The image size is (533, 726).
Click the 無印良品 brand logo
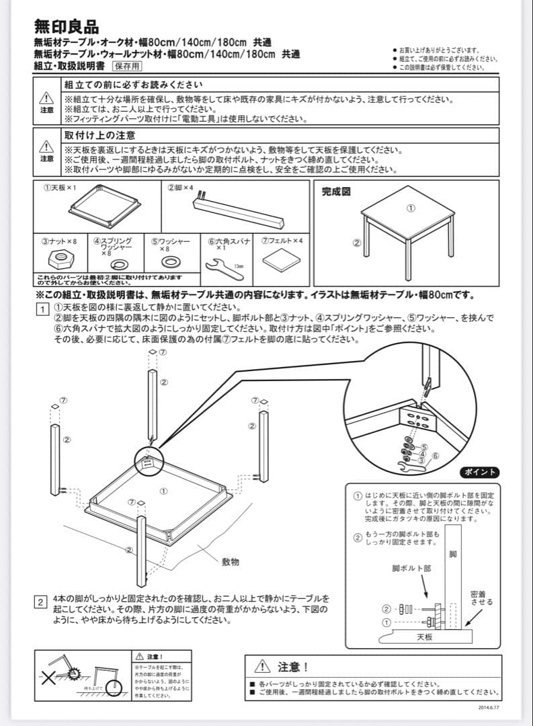[x=67, y=26]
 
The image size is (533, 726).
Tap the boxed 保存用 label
[x=127, y=66]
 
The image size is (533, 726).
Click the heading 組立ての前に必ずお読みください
[x=132, y=85]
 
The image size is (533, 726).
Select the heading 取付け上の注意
[x=100, y=135]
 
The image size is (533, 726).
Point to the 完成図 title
[x=336, y=192]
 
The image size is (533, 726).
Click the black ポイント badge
[x=479, y=471]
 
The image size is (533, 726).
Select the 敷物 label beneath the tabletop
[x=231, y=561]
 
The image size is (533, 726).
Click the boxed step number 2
[x=41, y=602]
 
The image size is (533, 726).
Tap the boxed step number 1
[x=41, y=309]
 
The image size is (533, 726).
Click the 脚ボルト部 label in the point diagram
[x=412, y=568]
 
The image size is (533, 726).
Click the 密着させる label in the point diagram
[x=481, y=598]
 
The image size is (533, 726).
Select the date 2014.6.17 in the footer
[x=488, y=707]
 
